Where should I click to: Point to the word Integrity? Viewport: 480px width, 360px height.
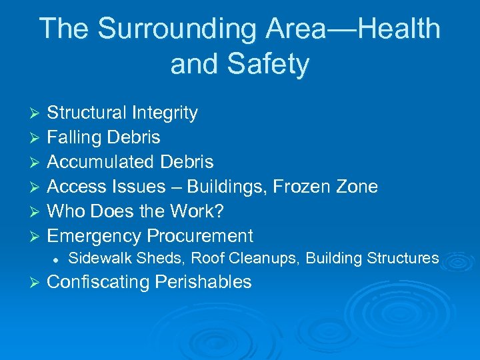click(x=166, y=113)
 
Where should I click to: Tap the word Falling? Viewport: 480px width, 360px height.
click(x=74, y=137)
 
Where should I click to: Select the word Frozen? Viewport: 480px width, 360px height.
click(x=299, y=187)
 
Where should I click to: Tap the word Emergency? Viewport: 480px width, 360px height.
click(x=94, y=236)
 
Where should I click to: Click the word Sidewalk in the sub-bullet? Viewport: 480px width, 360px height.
click(x=97, y=258)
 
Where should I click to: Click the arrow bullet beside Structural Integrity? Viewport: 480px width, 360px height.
click(x=37, y=113)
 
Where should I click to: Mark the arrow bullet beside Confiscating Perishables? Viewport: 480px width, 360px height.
click(x=37, y=283)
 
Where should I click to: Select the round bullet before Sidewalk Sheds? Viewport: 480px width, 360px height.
click(x=59, y=259)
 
